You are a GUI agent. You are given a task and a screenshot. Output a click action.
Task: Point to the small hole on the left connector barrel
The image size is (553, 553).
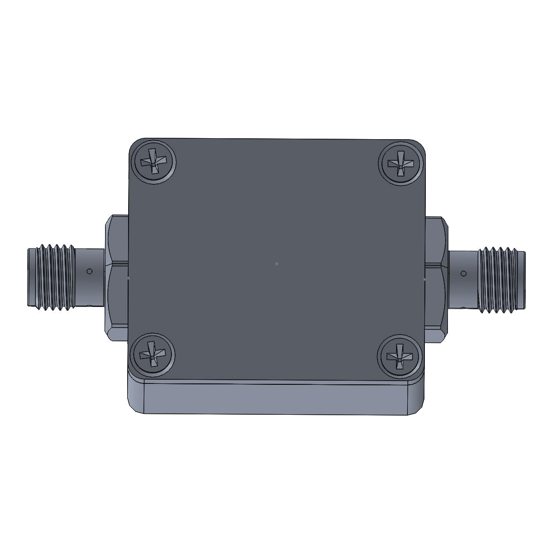(90, 271)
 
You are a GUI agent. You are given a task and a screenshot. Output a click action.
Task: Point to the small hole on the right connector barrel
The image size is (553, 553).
(463, 274)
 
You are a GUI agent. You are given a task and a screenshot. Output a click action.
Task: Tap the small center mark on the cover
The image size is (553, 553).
(276, 264)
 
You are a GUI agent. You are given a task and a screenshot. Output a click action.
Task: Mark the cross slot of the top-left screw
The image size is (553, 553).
(153, 162)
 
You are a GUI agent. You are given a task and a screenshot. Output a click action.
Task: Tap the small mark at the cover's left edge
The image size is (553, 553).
(129, 278)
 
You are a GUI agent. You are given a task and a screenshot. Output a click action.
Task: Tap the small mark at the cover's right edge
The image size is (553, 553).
(424, 279)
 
